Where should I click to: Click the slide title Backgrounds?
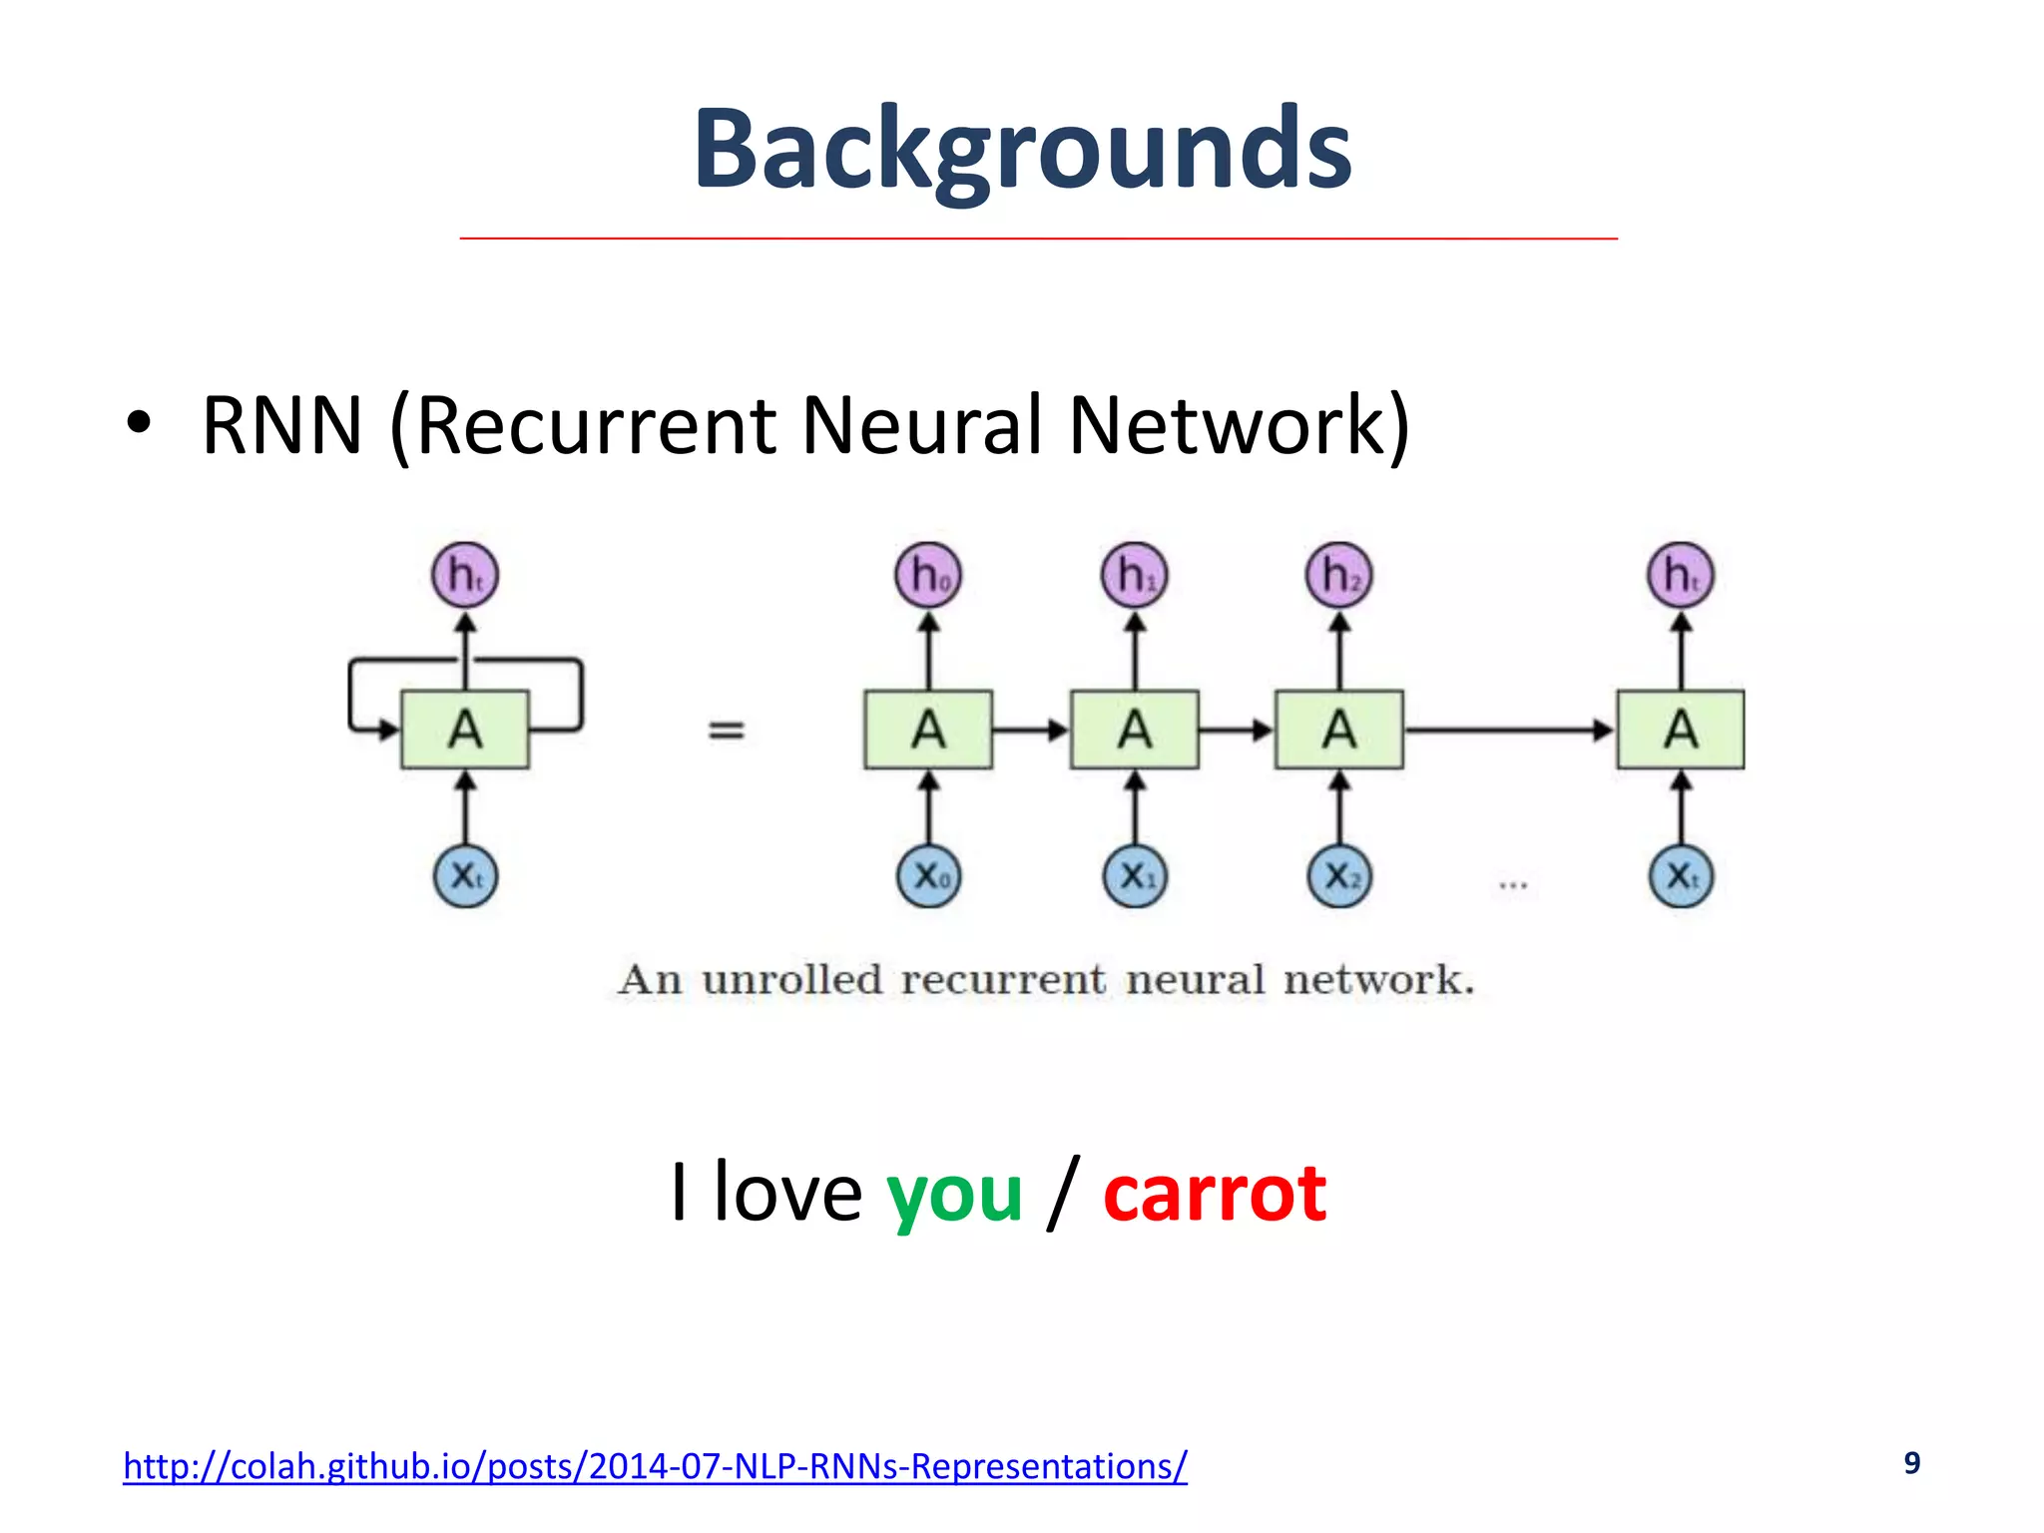(x=1022, y=150)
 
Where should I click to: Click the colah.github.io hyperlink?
(x=655, y=1465)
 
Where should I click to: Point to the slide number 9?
(x=1911, y=1462)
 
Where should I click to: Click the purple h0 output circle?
(x=928, y=575)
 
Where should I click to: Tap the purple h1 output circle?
(x=1135, y=575)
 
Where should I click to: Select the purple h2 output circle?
(x=1339, y=575)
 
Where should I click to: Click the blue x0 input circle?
(x=928, y=876)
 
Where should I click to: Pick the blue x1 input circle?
(x=1135, y=876)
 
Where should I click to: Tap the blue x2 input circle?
(x=1339, y=876)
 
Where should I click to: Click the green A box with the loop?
(x=465, y=730)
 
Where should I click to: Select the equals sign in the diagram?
(x=726, y=731)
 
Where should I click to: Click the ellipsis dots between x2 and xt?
(x=1513, y=884)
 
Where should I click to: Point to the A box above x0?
(x=928, y=730)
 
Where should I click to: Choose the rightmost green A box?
(x=1681, y=730)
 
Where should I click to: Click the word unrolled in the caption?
(x=792, y=980)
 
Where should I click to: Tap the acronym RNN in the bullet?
(x=281, y=426)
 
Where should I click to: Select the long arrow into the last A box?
(x=1507, y=730)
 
